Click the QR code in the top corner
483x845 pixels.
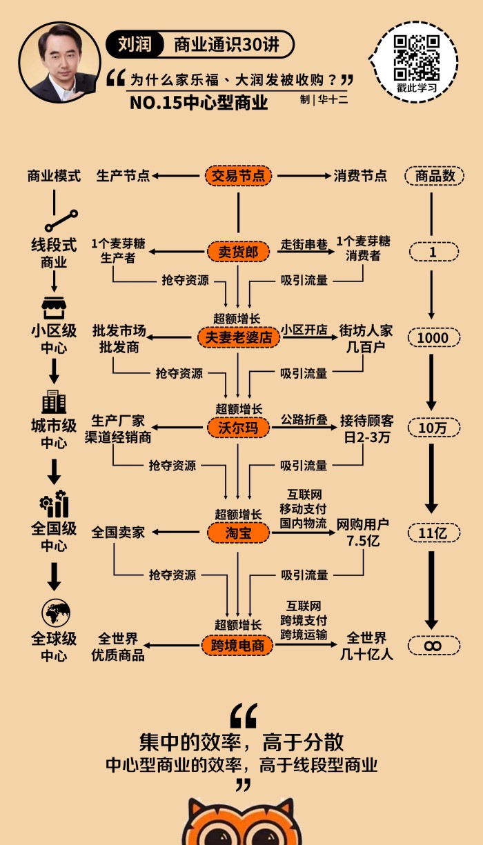(x=417, y=58)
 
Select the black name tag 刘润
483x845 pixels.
(x=133, y=46)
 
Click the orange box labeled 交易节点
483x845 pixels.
(x=238, y=175)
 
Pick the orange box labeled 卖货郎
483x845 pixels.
(x=238, y=252)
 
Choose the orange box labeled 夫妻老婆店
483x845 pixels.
(x=238, y=338)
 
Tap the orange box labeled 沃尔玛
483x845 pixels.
(x=238, y=428)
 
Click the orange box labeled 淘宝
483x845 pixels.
(x=238, y=532)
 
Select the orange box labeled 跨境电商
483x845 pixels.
(x=238, y=645)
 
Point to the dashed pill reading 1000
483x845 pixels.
(x=433, y=338)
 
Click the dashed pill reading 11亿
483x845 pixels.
(x=433, y=533)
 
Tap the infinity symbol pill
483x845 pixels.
(x=433, y=646)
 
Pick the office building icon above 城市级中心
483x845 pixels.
(x=54, y=401)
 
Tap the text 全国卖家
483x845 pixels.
(x=118, y=533)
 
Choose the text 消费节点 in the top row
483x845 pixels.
(x=360, y=176)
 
